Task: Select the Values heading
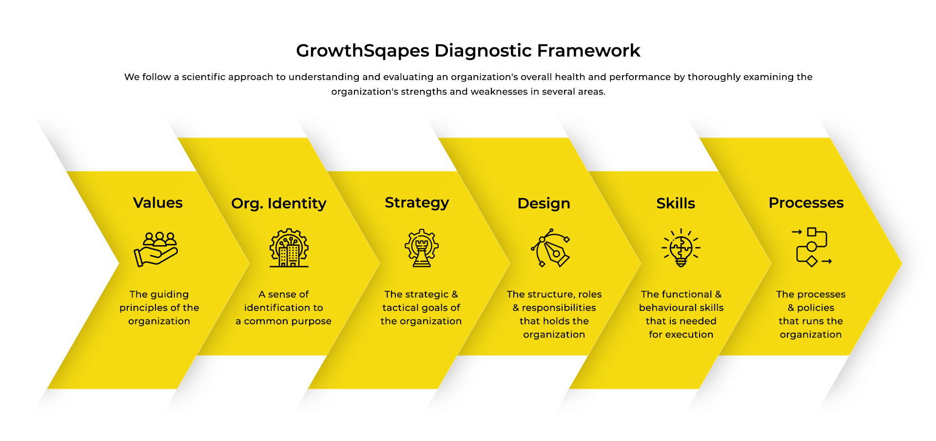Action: click(x=158, y=202)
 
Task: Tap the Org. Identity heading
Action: click(x=279, y=203)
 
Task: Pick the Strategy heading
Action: click(x=417, y=203)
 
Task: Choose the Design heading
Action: click(x=544, y=203)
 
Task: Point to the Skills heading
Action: click(x=676, y=203)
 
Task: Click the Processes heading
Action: click(x=806, y=202)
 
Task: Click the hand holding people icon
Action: click(x=156, y=249)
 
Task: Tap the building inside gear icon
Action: click(x=289, y=248)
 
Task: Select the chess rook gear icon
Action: click(x=422, y=248)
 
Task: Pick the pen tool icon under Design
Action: click(x=551, y=248)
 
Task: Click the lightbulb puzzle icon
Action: click(x=681, y=248)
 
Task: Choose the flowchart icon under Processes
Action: click(x=812, y=247)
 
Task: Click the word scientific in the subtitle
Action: click(x=203, y=77)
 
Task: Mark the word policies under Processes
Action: click(x=816, y=308)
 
